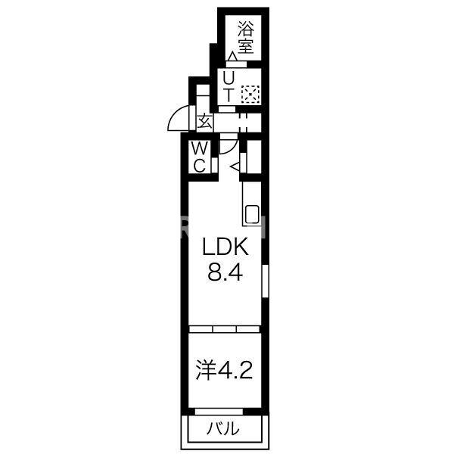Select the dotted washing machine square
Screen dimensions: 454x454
(250, 95)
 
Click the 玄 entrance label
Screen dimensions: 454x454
(204, 122)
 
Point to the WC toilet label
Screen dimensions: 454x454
(199, 157)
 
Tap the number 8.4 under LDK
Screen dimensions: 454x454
(225, 273)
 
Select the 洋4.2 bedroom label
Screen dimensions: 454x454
(224, 370)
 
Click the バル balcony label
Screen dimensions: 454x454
(224, 429)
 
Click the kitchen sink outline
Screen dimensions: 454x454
(252, 214)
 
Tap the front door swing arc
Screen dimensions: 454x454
(176, 119)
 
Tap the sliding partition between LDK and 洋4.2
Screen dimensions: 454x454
(224, 328)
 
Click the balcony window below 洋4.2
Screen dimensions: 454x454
(224, 411)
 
